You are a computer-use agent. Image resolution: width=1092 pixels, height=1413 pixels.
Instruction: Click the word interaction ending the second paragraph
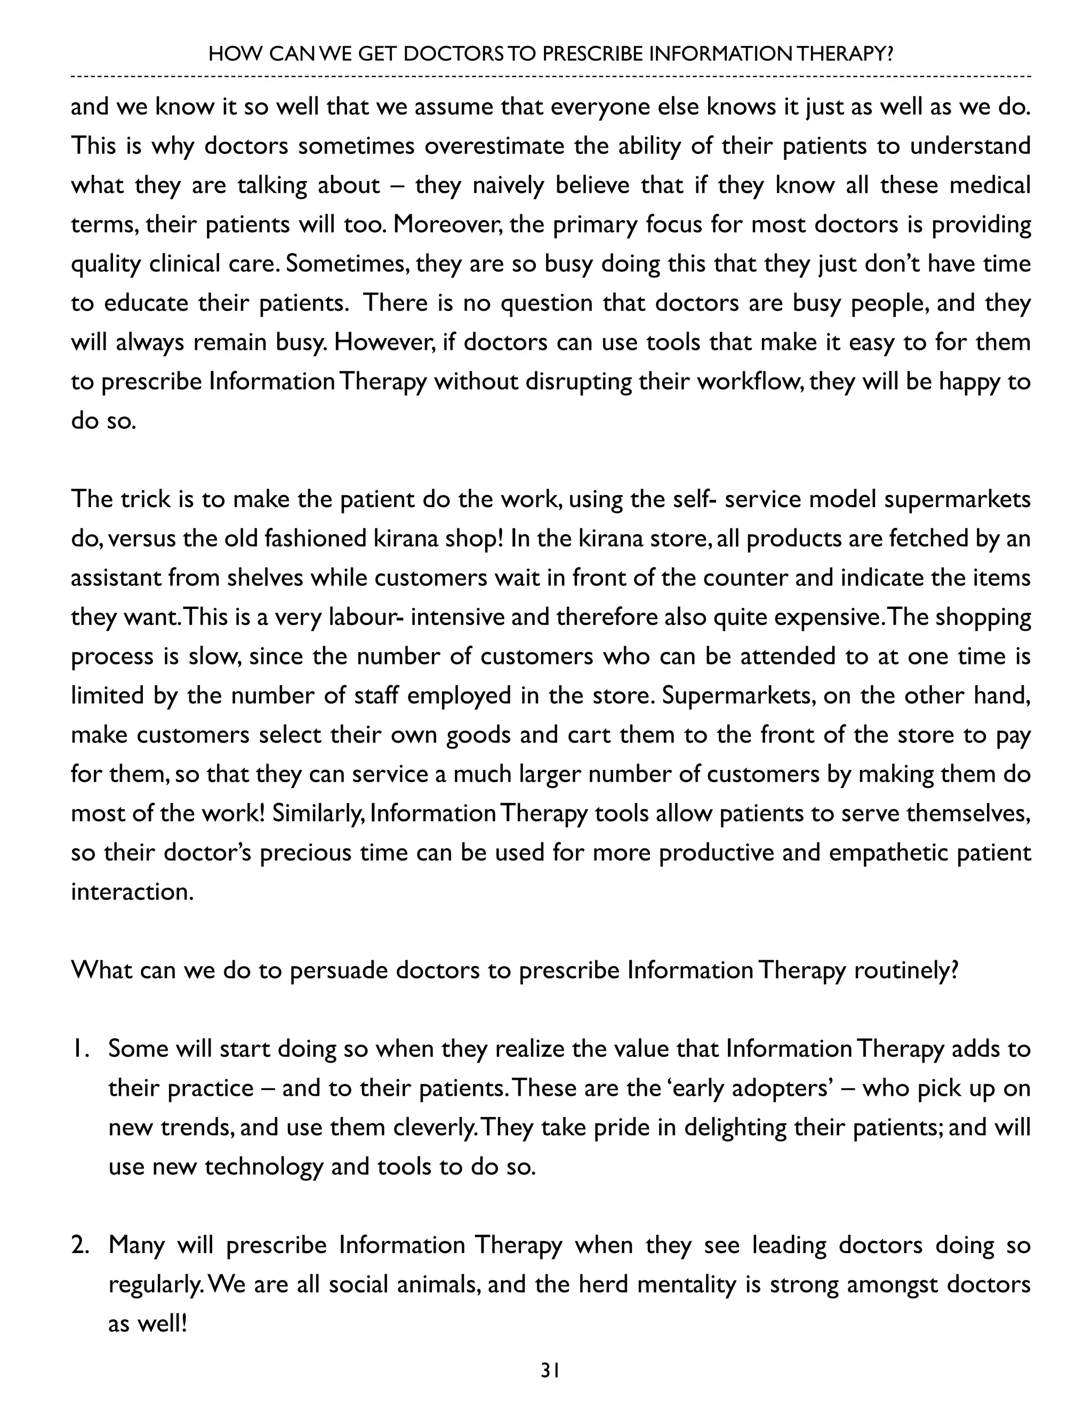pyautogui.click(x=132, y=892)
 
